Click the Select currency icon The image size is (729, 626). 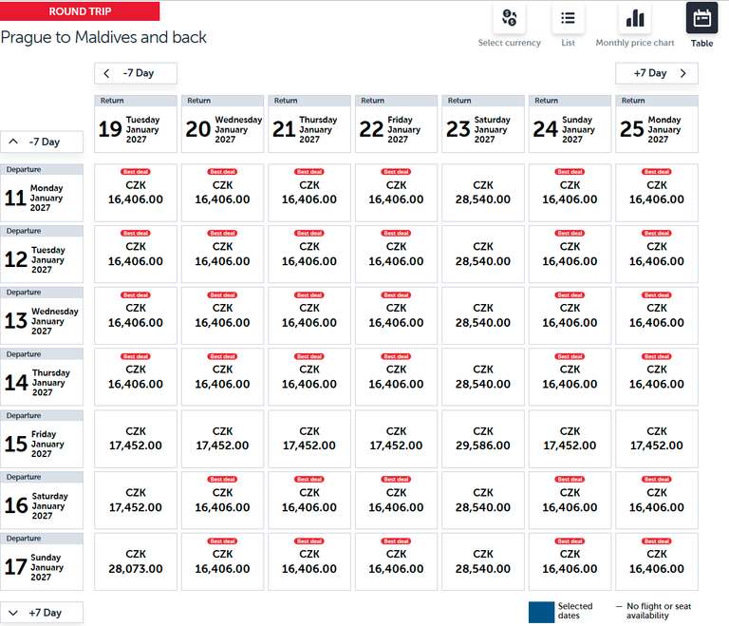click(x=509, y=18)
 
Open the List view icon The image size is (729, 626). click(x=568, y=18)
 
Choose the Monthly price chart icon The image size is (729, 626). click(x=635, y=18)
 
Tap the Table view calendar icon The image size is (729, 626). click(x=701, y=18)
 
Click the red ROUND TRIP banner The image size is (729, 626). click(x=80, y=11)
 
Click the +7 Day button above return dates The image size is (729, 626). click(x=657, y=73)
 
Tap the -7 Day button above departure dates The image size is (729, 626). click(x=42, y=142)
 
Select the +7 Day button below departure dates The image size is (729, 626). click(x=42, y=613)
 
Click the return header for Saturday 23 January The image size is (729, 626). click(x=482, y=123)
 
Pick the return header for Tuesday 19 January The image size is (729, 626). click(x=136, y=123)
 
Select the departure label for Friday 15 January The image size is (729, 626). click(x=42, y=439)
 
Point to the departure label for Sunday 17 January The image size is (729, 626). click(x=42, y=561)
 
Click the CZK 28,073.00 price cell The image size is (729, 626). click(x=136, y=561)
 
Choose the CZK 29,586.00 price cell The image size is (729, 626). click(x=482, y=439)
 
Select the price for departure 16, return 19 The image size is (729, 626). click(x=136, y=501)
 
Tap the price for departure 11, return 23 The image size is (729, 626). click(x=482, y=192)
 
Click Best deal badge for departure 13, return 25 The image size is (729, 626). click(x=657, y=295)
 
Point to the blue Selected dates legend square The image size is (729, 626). click(x=541, y=612)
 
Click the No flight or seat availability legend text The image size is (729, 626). click(x=659, y=611)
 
